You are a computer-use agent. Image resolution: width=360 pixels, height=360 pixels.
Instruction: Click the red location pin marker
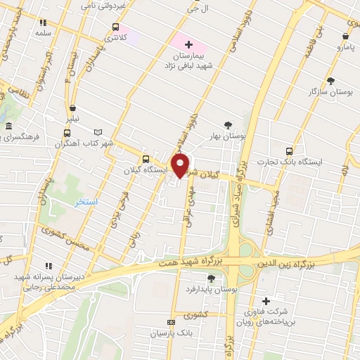tap(181, 166)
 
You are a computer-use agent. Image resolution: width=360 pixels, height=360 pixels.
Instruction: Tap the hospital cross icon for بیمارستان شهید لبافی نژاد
tap(188, 45)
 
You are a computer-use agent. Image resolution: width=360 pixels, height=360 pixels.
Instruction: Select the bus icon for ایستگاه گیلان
tap(146, 159)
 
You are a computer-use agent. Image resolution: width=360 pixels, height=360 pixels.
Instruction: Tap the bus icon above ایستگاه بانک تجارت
tap(290, 150)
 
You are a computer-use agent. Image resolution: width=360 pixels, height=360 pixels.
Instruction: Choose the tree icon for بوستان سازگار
tap(330, 81)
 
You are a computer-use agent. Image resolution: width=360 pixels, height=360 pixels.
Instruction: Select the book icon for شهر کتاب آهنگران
tap(98, 131)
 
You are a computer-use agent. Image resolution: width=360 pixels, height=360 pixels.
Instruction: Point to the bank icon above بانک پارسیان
tap(169, 322)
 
